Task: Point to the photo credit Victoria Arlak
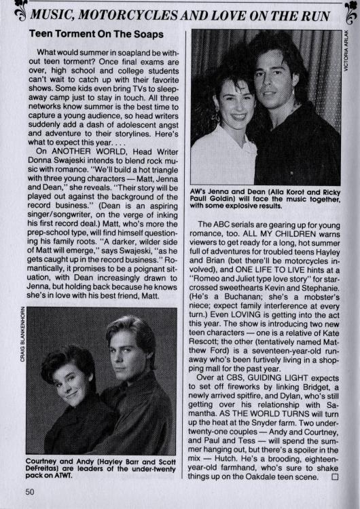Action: pos(346,54)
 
